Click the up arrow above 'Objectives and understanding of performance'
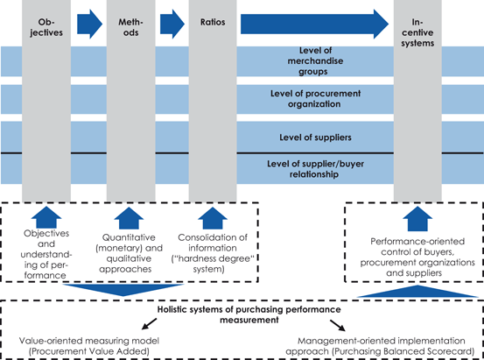[x=45, y=216]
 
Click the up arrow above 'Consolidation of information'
[x=211, y=216]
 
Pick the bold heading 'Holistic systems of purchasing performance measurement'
[x=242, y=314]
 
